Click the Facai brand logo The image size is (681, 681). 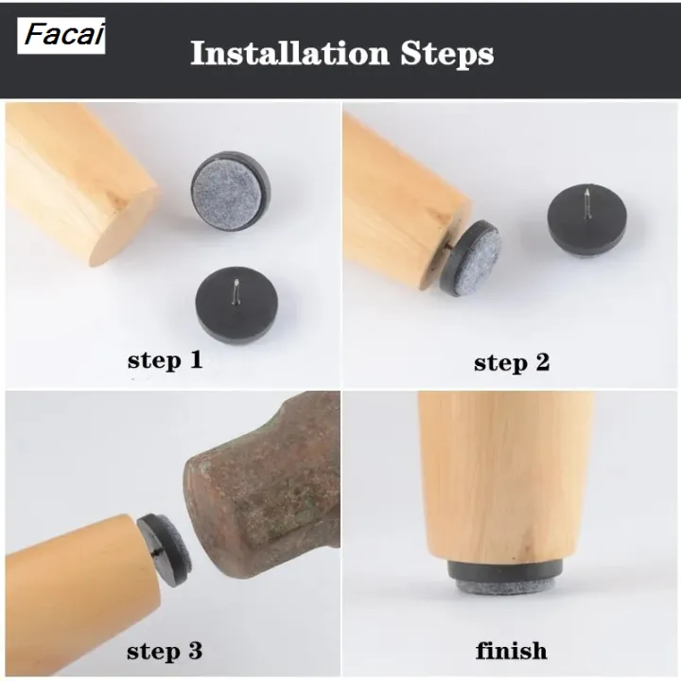[61, 36]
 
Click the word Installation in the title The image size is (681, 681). [289, 53]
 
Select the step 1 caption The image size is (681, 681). [165, 360]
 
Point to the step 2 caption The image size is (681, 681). [512, 362]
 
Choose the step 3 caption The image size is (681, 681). [165, 652]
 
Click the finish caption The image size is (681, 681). [511, 651]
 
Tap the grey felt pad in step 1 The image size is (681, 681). [228, 190]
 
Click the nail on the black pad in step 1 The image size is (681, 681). [236, 291]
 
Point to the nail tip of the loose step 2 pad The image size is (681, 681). [587, 189]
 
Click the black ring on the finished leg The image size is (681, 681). [506, 569]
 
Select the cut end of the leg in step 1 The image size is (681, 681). [125, 226]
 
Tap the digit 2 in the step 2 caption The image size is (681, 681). [542, 361]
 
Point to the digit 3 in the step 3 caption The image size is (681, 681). [195, 651]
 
